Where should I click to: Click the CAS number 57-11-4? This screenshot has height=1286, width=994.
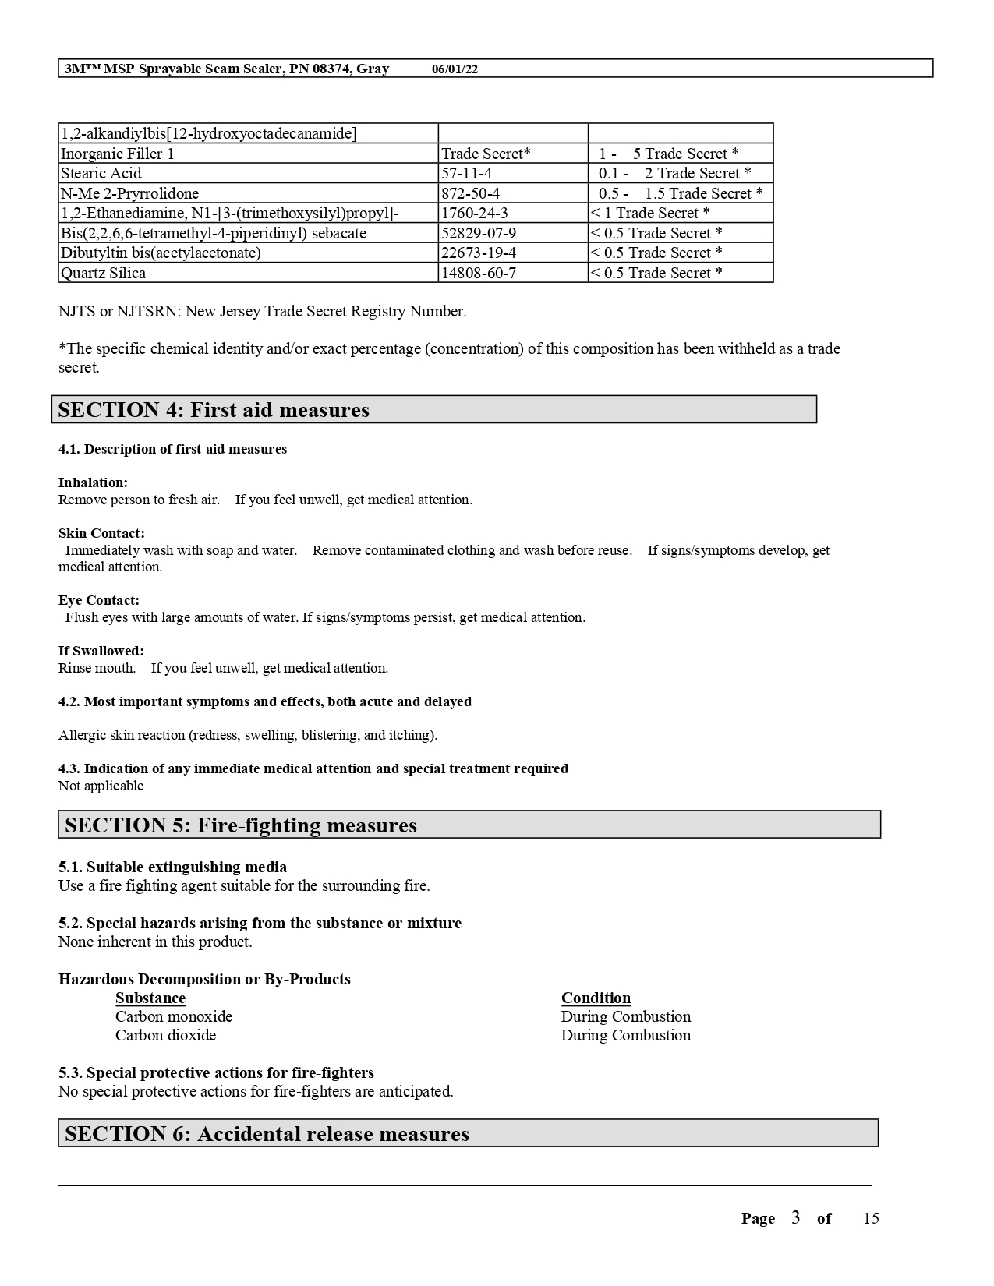(x=466, y=174)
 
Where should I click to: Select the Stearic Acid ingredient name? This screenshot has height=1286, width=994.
(x=101, y=174)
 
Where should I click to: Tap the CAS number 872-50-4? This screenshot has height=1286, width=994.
(x=470, y=193)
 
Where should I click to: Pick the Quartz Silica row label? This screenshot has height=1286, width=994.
(x=103, y=273)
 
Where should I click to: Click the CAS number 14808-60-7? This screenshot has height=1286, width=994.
(x=478, y=273)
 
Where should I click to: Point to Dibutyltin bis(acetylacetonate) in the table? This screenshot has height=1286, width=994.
(x=161, y=253)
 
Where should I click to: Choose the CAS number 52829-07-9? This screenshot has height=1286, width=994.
(x=478, y=233)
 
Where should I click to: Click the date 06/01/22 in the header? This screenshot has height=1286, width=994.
(x=455, y=69)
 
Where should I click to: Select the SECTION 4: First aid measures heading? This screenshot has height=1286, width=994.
(x=214, y=410)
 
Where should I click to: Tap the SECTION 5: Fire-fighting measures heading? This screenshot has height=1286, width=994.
(x=241, y=825)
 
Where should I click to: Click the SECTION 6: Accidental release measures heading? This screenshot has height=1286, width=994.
(x=267, y=1134)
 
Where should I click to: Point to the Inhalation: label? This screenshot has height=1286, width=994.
(x=93, y=482)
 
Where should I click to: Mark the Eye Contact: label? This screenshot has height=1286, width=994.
(x=99, y=600)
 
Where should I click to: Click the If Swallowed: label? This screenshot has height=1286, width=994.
(x=101, y=651)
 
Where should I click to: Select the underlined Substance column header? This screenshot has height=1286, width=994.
(x=150, y=998)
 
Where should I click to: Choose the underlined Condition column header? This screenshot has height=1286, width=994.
(x=596, y=998)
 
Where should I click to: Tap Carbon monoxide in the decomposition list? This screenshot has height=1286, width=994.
(x=174, y=1017)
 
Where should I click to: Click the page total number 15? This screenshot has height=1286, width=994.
(x=871, y=1219)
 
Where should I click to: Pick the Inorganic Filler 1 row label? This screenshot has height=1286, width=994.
(x=118, y=154)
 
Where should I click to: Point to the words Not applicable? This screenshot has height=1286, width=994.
(x=101, y=786)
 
